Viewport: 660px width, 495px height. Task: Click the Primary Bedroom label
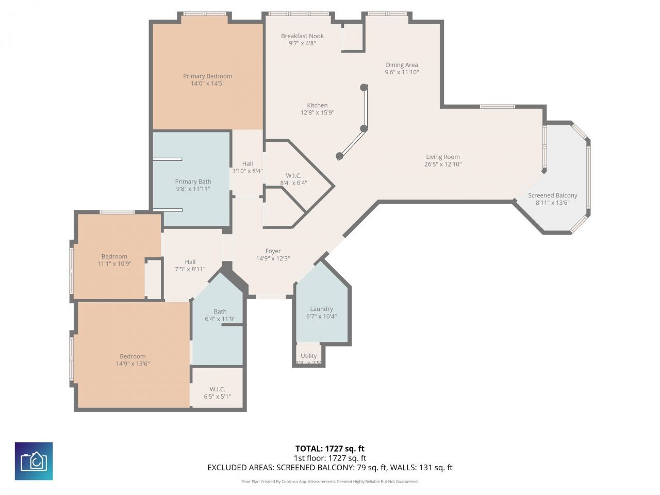point(207,76)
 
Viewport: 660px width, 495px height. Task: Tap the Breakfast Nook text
point(302,36)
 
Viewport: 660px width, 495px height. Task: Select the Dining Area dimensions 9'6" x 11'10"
point(402,72)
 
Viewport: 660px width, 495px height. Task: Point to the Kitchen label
point(317,105)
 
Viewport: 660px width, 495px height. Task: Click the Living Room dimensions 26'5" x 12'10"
point(442,164)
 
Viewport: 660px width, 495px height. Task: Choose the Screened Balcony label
point(552,195)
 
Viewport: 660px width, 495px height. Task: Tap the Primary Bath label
point(193,181)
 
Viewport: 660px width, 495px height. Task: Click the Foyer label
point(273,251)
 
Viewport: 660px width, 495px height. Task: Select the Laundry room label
point(321,309)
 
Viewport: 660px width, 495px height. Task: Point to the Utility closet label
point(308,356)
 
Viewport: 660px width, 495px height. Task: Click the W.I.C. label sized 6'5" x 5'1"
point(217,389)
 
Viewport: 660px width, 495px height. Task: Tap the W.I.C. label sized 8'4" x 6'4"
point(293,175)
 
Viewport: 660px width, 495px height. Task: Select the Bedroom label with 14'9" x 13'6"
point(133,356)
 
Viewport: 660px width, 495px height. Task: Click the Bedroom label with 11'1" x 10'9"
point(114,256)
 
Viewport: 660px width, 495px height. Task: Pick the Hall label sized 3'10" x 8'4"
point(247,164)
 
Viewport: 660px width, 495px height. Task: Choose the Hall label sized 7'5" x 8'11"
point(190,262)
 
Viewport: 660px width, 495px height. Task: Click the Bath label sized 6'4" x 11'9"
point(220,311)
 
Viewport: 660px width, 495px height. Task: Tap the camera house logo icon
point(34,461)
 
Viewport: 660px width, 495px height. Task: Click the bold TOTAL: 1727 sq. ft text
point(329,449)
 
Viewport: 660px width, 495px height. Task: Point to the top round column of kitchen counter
point(364,88)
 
